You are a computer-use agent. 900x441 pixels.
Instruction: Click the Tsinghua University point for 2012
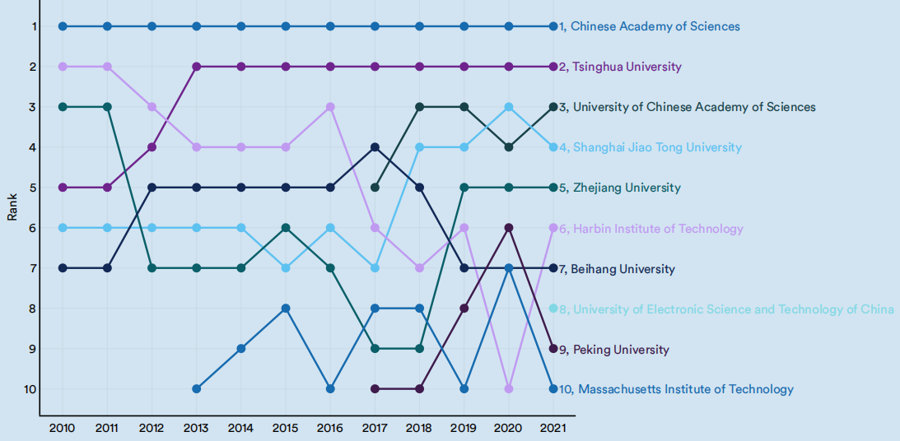152,147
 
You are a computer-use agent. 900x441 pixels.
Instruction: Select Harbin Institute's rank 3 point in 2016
330,107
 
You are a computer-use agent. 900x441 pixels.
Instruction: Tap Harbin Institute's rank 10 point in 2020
509,388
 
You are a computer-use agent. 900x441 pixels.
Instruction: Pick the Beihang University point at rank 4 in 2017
375,147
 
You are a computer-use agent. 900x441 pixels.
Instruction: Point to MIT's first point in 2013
196,388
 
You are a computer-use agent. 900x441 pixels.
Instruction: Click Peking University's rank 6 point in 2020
509,227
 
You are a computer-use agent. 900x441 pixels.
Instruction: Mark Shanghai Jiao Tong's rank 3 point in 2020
509,107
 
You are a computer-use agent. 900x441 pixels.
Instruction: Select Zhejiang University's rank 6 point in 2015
286,227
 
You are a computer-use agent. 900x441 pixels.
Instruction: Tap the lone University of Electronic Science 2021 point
553,309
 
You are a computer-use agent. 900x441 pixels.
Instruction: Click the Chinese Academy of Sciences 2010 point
63,26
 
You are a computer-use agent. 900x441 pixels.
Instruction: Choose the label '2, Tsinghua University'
620,67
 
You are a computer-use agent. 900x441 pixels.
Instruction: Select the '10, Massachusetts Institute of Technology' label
676,389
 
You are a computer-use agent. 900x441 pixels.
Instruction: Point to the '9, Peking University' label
613,350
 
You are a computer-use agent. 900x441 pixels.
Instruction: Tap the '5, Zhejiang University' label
619,188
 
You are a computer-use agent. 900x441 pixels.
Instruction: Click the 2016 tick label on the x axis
330,428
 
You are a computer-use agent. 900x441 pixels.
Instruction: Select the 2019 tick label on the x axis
464,428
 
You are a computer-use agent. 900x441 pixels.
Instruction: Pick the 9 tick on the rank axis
34,348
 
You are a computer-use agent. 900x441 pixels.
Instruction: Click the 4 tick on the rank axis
34,147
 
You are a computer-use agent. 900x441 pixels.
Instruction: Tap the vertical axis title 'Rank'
12,206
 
